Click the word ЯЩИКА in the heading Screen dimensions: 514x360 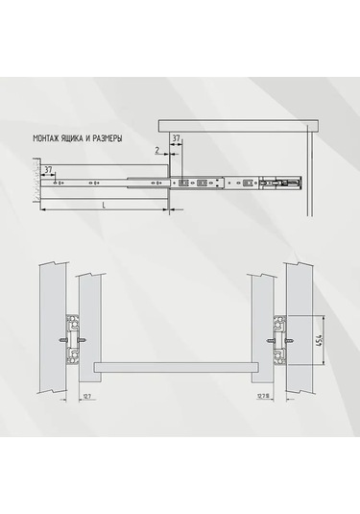(79, 137)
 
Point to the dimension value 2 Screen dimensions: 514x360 (155, 151)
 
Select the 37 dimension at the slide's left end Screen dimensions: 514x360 (48, 169)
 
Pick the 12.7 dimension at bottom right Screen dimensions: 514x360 (262, 395)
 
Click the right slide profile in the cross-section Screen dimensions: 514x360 (279, 337)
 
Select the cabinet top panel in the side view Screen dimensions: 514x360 (235, 125)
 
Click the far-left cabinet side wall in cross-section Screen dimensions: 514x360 (49, 327)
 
